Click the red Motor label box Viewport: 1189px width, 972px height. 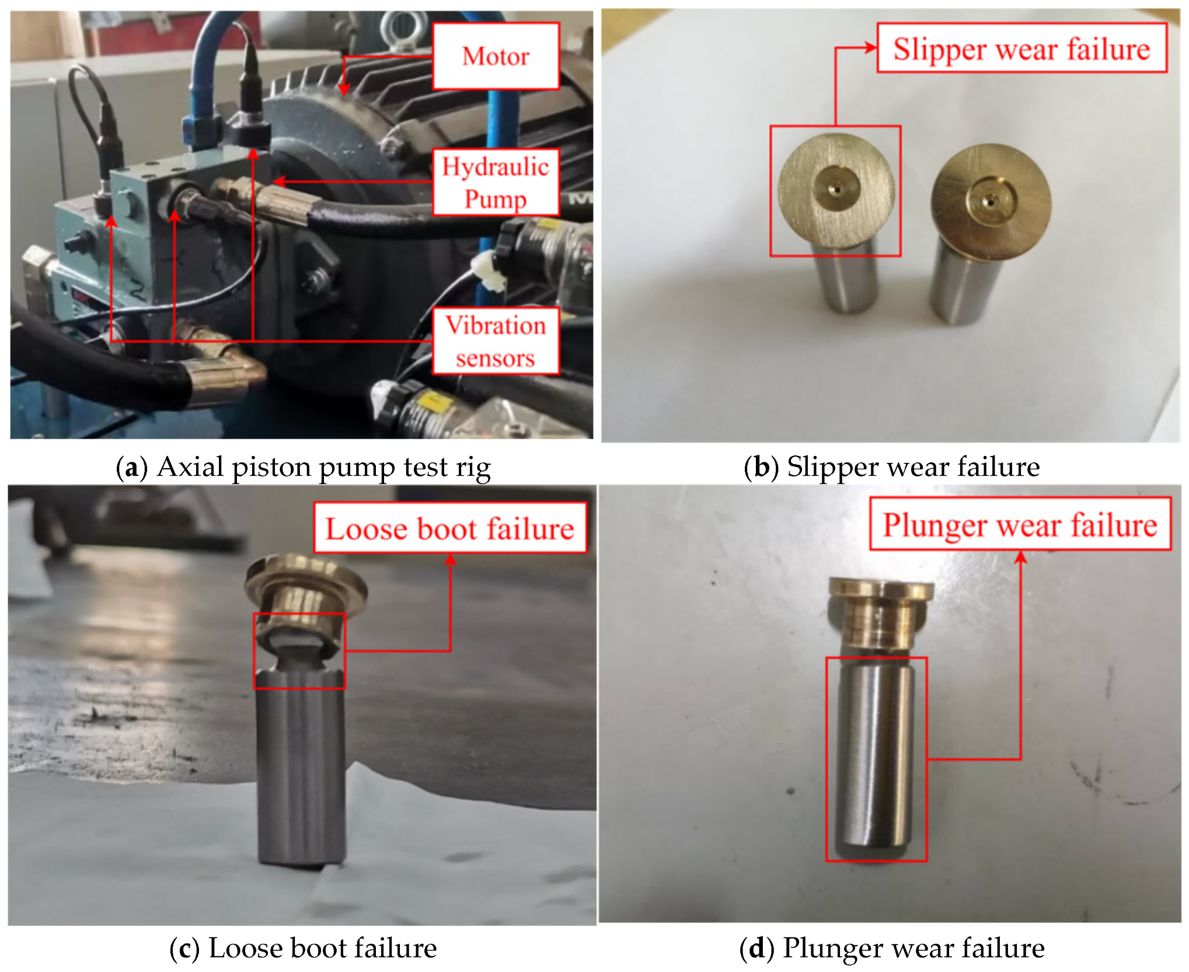click(x=496, y=56)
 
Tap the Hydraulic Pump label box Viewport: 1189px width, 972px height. click(x=496, y=182)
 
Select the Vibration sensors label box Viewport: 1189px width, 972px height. click(x=496, y=341)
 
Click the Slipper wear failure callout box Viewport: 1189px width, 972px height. click(x=1021, y=48)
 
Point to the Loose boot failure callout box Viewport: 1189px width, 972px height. click(x=450, y=528)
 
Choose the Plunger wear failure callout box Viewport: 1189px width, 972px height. click(x=1020, y=524)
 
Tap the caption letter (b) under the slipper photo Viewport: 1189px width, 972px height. click(x=761, y=468)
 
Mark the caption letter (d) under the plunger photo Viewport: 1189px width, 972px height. click(x=756, y=949)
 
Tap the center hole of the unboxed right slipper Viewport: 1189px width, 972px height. click(x=989, y=202)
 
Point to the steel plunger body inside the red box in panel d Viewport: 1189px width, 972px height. click(x=876, y=759)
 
